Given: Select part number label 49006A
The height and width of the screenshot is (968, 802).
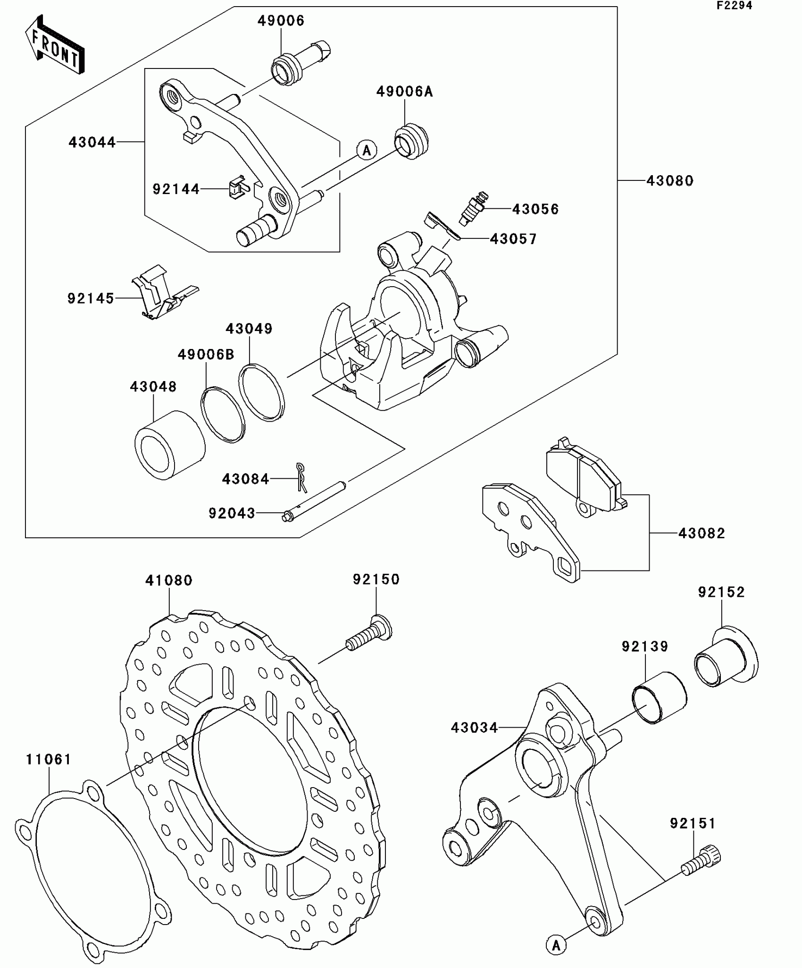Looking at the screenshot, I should pyautogui.click(x=404, y=92).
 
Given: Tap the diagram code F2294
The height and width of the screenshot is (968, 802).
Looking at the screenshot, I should pyautogui.click(x=734, y=6).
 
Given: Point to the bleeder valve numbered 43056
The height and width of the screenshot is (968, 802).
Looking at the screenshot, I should pyautogui.click(x=473, y=208).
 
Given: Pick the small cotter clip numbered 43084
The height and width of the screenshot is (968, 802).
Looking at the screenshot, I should pyautogui.click(x=301, y=476).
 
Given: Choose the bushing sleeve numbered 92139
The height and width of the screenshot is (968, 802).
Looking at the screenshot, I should pyautogui.click(x=659, y=697).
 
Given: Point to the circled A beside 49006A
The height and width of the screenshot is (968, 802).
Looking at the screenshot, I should pyautogui.click(x=367, y=150).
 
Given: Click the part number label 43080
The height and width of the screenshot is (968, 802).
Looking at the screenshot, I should pyautogui.click(x=670, y=181).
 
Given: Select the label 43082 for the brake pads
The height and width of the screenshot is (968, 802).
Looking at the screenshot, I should pyautogui.click(x=702, y=533).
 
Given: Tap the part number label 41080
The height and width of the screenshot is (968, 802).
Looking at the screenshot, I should pyautogui.click(x=169, y=580).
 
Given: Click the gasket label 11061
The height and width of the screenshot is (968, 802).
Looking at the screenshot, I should pyautogui.click(x=49, y=760).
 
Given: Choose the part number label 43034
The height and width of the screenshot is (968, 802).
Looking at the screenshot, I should pyautogui.click(x=474, y=728).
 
